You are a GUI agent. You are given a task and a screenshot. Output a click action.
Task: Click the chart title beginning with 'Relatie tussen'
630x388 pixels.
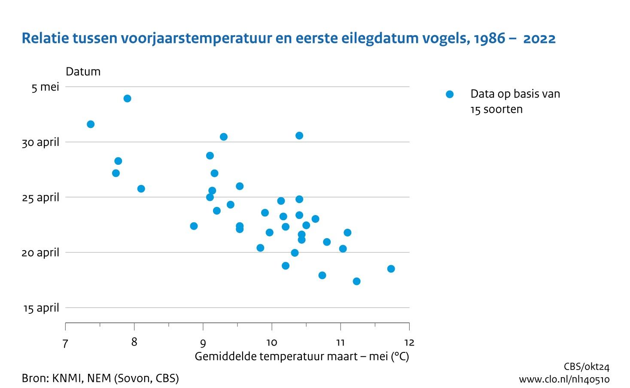(288, 39)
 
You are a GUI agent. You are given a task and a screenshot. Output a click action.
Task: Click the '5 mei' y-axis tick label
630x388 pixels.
(45, 87)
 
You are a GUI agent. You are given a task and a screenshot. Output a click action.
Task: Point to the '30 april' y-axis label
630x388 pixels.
(40, 142)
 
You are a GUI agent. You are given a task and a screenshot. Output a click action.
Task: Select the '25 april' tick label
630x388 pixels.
(40, 197)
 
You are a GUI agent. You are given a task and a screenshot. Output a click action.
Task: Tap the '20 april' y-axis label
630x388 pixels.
(40, 253)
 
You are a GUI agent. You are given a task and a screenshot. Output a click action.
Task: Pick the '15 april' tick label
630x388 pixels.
(41, 308)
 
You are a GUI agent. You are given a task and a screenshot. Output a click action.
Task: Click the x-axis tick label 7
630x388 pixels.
(65, 343)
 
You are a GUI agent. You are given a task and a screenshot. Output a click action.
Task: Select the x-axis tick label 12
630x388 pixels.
(409, 343)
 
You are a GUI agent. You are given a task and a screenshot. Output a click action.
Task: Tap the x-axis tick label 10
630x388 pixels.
(271, 343)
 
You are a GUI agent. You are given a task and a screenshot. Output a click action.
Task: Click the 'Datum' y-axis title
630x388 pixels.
(83, 72)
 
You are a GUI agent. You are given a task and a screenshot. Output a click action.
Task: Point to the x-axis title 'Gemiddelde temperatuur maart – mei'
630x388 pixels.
(301, 356)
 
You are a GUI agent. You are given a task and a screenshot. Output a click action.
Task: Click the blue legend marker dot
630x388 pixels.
(449, 94)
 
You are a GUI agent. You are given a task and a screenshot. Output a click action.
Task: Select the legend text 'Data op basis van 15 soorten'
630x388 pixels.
(515, 101)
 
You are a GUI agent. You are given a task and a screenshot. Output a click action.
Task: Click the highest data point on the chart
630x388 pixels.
(127, 99)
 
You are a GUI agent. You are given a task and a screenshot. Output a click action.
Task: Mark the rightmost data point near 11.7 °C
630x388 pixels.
(391, 269)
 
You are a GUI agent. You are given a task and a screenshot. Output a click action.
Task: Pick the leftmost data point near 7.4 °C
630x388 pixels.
(91, 124)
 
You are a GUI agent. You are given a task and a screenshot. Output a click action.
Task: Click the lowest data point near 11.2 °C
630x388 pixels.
(356, 281)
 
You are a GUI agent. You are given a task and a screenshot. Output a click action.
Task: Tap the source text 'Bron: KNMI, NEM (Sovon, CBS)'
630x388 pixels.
(100, 378)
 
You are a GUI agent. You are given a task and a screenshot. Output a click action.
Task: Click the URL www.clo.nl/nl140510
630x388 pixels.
(564, 379)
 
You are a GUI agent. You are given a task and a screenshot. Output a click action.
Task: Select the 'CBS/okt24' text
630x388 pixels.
(586, 367)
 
